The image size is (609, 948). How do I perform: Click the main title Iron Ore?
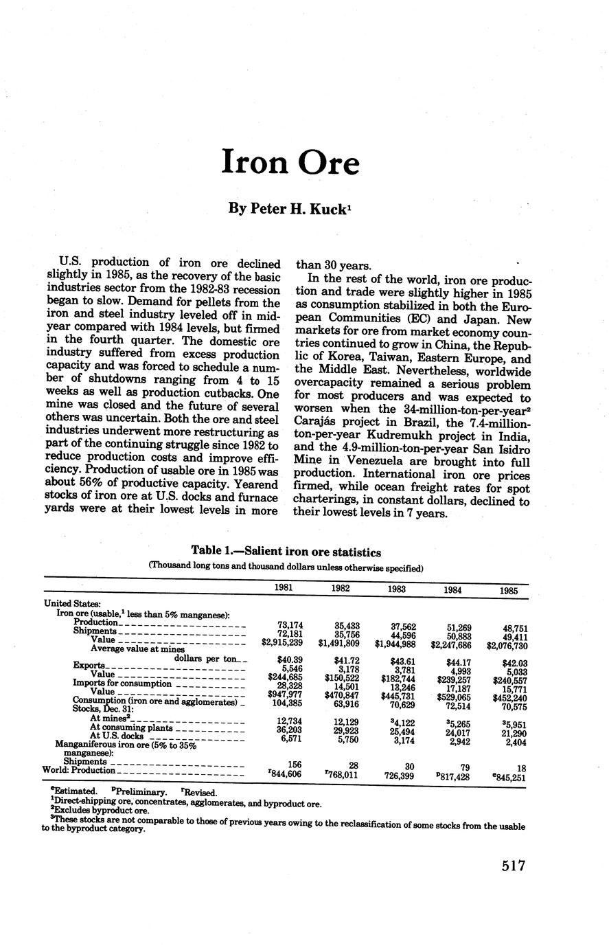(x=290, y=162)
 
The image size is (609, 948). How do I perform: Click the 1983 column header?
(x=396, y=589)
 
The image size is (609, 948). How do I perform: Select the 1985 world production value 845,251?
(x=509, y=778)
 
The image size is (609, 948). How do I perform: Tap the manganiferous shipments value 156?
(x=295, y=765)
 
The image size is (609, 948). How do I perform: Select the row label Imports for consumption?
(x=122, y=684)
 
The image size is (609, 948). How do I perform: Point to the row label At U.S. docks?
(x=117, y=736)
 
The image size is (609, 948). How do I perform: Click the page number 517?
(x=513, y=865)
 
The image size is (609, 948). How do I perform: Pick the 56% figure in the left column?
(x=93, y=484)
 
